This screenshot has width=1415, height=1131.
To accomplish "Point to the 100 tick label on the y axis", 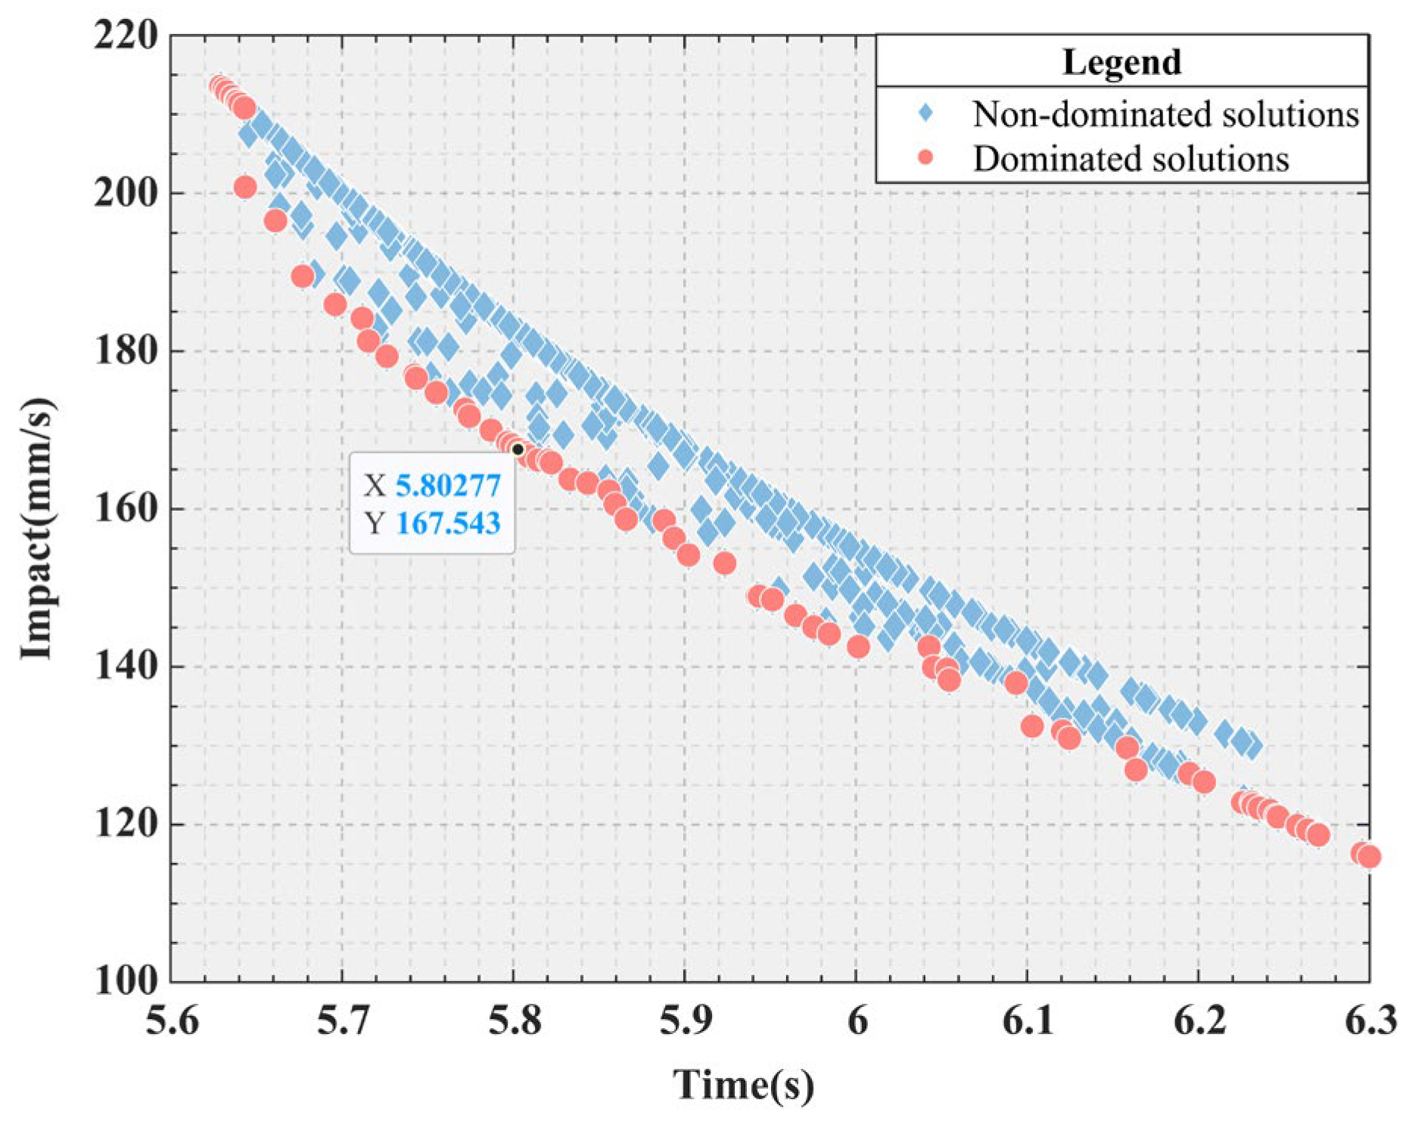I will [x=126, y=981].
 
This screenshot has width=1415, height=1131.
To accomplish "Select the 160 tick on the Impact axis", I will [x=126, y=509].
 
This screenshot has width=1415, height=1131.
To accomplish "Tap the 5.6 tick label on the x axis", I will [x=173, y=1021].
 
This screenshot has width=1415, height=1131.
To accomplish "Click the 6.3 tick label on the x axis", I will [x=1370, y=1021].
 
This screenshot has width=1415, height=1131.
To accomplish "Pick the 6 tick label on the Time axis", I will [x=857, y=1021].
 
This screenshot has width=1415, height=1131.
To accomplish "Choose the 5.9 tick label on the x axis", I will [x=686, y=1021].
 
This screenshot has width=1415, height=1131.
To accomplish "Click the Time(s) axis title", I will [x=744, y=1084].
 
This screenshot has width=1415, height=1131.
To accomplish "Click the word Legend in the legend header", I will [x=1121, y=62].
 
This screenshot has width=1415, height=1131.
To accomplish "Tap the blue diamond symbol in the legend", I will [x=925, y=114].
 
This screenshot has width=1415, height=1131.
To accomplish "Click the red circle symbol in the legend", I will [x=925, y=157].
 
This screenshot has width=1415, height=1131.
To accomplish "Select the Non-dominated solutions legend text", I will [x=1165, y=114].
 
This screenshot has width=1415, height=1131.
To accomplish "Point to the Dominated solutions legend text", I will [x=1130, y=159].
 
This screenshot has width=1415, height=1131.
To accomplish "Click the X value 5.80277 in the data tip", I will [x=448, y=484].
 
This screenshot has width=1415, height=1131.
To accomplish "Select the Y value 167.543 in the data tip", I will [x=448, y=523].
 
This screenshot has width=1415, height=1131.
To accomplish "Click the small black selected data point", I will [x=518, y=450].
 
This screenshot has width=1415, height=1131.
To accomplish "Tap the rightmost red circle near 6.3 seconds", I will [x=1369, y=856].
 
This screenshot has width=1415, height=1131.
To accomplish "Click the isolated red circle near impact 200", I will [x=245, y=187].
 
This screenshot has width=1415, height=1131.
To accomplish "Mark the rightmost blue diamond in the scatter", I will [x=1252, y=746].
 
